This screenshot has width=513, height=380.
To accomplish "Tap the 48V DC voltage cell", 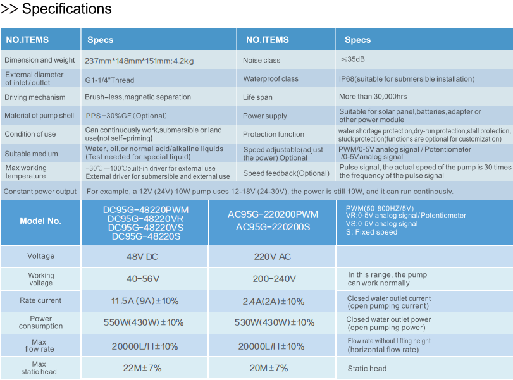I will [144, 257].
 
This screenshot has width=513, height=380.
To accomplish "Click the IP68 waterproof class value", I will [406, 79].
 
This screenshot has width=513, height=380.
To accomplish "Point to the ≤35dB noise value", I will [352, 59].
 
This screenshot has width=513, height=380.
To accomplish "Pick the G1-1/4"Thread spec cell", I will [109, 80].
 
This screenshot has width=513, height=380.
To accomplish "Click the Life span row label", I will [257, 97].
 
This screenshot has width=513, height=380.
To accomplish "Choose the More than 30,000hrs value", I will [373, 97].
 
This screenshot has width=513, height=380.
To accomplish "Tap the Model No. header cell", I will [40, 221].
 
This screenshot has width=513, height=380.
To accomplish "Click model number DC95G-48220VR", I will [145, 219].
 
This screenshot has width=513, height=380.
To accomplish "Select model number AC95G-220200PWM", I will [273, 214].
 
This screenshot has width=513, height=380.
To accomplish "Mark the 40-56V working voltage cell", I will [143, 279].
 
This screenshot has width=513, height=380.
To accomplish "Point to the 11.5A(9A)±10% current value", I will [145, 301].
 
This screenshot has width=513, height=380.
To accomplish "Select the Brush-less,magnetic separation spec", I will [138, 97].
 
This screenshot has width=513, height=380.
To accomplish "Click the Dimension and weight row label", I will [40, 60].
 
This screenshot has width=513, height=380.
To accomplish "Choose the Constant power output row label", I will [40, 192].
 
